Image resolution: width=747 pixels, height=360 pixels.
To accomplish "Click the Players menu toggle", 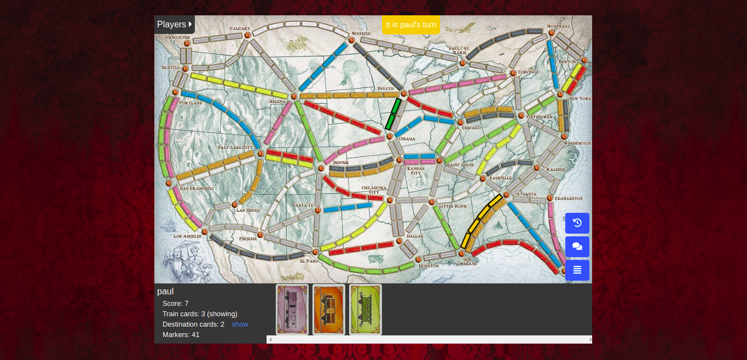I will pos(174,24).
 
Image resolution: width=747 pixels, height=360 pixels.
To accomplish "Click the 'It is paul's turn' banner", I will pos(410,25).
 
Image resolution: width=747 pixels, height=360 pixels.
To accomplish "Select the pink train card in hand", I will pos(292,309).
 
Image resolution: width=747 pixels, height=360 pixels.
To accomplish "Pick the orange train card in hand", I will pos(329,309).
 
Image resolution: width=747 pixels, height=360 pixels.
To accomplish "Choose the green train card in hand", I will pos(366,309).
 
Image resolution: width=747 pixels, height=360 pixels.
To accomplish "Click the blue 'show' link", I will pos(240,324).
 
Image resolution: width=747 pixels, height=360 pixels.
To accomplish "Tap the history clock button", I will pos(577,223).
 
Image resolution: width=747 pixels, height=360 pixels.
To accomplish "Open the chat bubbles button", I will pos(577,246).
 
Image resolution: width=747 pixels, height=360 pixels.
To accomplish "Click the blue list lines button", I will pos(577,270).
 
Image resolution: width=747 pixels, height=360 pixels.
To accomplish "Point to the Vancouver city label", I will pos(177,37).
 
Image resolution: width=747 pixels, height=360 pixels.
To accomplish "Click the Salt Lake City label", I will pos(235,147).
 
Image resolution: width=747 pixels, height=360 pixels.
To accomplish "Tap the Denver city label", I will pos(340,162).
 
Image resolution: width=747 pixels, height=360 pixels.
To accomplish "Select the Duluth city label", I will pos(385,89).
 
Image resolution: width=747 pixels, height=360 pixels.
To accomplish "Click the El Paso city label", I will pos(309,261).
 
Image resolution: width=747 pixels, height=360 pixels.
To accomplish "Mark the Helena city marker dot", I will pos(294,96).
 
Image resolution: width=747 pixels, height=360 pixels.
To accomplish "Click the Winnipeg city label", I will pos(361,33).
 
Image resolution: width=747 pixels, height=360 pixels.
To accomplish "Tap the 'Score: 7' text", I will pos(176,303).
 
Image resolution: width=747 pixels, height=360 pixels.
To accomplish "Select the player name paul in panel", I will pos(165,292).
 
